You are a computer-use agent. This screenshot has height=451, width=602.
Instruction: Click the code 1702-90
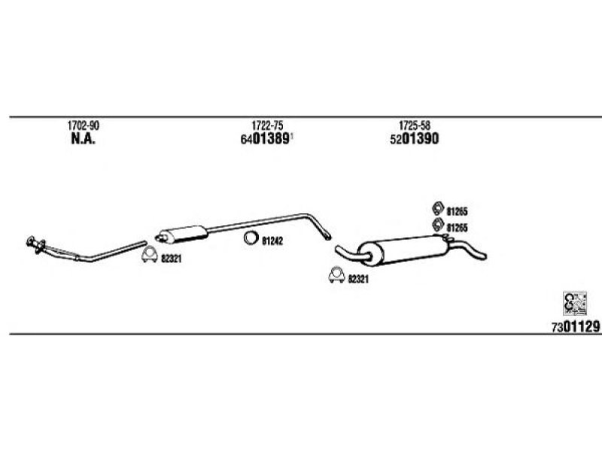click(84, 126)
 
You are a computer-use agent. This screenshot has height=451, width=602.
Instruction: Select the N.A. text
click(84, 139)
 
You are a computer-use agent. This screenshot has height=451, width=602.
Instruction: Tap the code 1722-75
click(267, 126)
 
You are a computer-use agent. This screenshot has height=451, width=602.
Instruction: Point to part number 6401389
click(265, 139)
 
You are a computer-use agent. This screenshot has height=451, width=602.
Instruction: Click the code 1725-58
click(415, 126)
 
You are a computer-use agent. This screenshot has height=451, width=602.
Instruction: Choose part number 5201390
click(415, 139)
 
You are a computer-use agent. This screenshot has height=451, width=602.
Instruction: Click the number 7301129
click(576, 327)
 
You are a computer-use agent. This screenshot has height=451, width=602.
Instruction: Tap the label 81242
click(272, 241)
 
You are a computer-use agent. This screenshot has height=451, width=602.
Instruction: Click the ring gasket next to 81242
click(251, 238)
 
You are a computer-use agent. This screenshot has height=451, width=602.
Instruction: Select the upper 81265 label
click(457, 211)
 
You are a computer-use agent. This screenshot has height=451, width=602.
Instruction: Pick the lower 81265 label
click(457, 229)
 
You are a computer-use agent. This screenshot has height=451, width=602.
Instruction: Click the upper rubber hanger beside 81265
click(438, 208)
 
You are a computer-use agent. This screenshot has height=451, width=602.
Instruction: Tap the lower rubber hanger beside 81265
click(438, 224)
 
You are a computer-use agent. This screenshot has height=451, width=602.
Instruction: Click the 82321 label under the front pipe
click(171, 259)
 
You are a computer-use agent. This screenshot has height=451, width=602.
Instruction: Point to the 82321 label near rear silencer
click(358, 279)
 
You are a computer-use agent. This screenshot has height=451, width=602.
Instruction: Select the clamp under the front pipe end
click(149, 255)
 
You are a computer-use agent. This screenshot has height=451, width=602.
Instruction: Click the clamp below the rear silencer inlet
click(336, 274)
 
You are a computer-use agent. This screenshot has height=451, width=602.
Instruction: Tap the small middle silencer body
click(184, 234)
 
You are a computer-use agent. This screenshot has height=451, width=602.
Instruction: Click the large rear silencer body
click(403, 250)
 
